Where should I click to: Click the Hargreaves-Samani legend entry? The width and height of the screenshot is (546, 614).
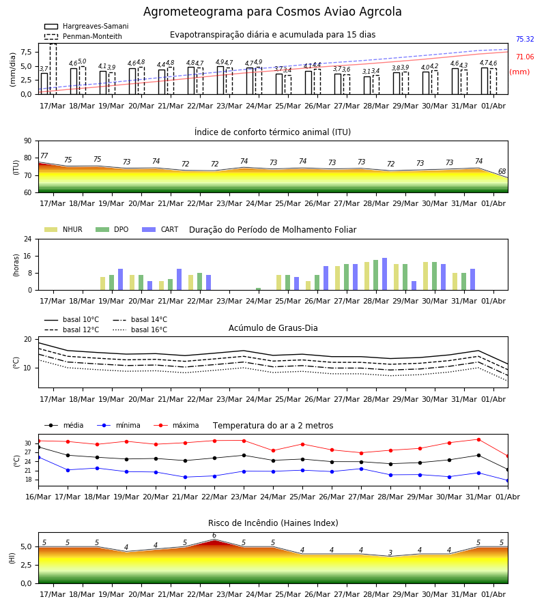[x=87, y=26]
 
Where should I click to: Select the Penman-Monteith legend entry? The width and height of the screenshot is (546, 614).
[x=83, y=36]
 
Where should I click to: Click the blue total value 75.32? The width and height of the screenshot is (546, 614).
[x=525, y=39]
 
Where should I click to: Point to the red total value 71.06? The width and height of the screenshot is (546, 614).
[x=525, y=57]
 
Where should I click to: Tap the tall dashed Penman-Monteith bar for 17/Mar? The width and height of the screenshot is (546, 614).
[x=53, y=69]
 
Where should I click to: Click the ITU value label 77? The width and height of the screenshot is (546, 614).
[x=44, y=156]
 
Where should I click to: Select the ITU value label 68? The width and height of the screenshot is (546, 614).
[x=502, y=171]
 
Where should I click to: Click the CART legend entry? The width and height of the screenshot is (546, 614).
[x=160, y=229]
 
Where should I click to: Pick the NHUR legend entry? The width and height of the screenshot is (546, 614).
[x=63, y=229]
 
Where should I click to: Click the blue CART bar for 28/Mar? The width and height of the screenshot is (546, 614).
[x=385, y=274]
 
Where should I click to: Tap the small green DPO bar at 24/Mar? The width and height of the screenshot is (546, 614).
[x=259, y=289]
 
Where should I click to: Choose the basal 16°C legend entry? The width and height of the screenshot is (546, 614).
[x=140, y=330]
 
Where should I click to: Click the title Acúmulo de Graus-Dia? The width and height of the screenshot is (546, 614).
[x=273, y=327]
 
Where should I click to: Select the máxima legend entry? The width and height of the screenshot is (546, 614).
[x=176, y=425]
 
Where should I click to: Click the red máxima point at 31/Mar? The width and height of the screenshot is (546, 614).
[x=478, y=440]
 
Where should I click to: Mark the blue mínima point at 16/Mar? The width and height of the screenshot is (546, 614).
[x=38, y=457]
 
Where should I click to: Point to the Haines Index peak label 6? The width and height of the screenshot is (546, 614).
[x=214, y=536]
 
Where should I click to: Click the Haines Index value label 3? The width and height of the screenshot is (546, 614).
[x=390, y=553]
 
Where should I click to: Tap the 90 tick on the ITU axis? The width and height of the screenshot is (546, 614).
[x=28, y=141]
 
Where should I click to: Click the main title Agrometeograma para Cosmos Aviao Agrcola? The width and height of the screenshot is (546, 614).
[x=272, y=12]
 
